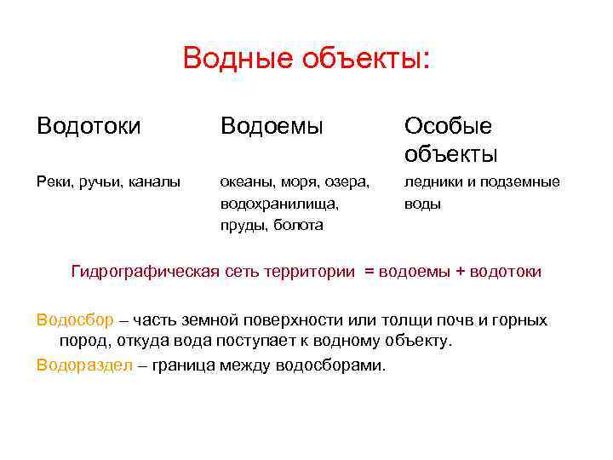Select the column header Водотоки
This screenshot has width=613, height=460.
click(x=89, y=127)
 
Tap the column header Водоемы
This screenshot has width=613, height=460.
click(x=272, y=127)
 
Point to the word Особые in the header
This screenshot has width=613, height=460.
click(x=448, y=127)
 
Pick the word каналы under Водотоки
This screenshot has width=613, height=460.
click(x=154, y=181)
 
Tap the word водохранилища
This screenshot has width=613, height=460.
click(x=278, y=204)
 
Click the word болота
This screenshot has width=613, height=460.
click(x=295, y=225)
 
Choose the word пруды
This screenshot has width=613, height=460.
click(x=242, y=225)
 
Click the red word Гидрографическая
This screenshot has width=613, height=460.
click(x=146, y=272)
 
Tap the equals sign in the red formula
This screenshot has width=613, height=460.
click(x=369, y=273)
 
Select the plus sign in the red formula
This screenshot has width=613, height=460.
click(x=461, y=273)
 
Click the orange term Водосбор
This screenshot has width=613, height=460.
click(x=75, y=320)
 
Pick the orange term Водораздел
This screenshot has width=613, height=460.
click(x=83, y=365)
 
